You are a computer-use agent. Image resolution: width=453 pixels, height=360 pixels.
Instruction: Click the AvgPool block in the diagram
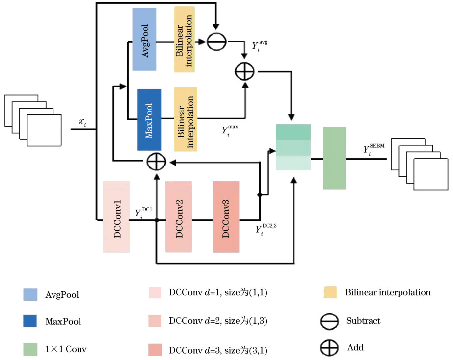pos(144,39)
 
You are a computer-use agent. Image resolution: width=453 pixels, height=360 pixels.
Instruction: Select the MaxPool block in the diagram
pos(150,119)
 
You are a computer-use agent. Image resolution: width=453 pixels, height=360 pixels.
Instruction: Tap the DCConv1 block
pos(116,217)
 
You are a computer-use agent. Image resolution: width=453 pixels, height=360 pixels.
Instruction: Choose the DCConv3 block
pos(226,217)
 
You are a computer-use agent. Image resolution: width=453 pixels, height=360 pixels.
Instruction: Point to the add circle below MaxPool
pos(156,162)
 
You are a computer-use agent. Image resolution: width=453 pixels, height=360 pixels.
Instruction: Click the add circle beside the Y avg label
pos(244,72)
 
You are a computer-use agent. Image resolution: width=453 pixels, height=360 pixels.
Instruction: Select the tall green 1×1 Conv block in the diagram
pos(335,158)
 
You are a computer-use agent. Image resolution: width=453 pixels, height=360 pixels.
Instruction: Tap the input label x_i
pos(83,122)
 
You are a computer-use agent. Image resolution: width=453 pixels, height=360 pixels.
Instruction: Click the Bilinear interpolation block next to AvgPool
pos(185,39)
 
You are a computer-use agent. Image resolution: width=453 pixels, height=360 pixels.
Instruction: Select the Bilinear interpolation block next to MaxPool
pos(186,119)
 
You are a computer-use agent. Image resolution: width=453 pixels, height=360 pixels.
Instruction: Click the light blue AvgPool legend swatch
pos(30,294)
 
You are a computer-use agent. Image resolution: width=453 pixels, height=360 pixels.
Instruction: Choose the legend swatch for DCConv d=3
pos(155,349)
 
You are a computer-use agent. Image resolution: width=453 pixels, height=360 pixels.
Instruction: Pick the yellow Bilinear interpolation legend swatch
pos(330,292)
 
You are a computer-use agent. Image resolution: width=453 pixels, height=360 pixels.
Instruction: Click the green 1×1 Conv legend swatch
pos(30,349)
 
